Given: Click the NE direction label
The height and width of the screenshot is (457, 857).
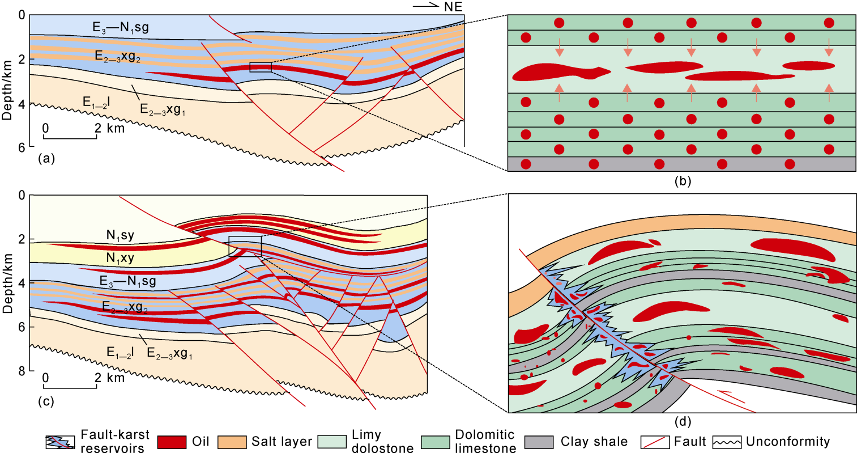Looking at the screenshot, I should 453,7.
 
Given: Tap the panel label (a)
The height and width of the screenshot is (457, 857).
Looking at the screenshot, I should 46,159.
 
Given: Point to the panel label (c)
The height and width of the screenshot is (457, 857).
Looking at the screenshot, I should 46,402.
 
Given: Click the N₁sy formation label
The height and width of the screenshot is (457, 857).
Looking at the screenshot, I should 120,235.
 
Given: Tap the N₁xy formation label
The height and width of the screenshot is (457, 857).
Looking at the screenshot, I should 120,258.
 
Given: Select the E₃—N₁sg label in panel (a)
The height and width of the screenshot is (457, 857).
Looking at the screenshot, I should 121,27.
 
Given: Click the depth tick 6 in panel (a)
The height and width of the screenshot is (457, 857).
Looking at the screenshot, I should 22,147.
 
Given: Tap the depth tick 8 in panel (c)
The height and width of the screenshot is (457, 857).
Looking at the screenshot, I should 22,371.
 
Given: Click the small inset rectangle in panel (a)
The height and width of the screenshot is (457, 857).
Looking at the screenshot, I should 260,67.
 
